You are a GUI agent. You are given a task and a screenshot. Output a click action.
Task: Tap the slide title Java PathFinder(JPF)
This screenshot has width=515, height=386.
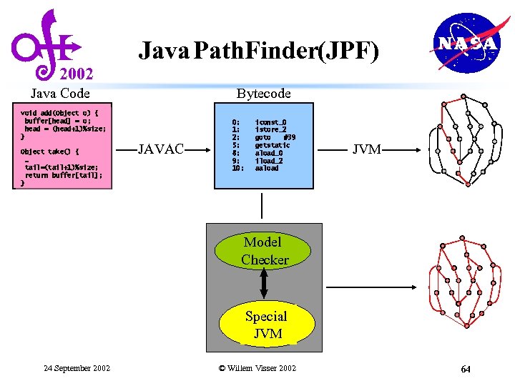[x=258, y=51]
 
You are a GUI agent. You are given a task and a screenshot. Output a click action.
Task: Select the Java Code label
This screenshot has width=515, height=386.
[x=60, y=93]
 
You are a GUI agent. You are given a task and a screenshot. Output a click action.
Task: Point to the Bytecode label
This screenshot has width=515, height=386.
[x=264, y=93]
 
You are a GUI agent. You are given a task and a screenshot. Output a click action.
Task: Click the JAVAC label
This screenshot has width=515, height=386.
[x=161, y=149]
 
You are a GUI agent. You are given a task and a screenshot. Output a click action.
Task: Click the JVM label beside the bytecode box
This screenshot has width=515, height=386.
[x=367, y=149]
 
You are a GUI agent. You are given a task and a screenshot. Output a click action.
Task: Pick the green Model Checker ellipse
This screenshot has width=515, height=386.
[x=265, y=251]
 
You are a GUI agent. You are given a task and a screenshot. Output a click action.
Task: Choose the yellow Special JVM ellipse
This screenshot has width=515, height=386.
[x=265, y=325]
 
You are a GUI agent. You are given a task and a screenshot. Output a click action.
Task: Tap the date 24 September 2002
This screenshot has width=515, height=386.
[x=77, y=368]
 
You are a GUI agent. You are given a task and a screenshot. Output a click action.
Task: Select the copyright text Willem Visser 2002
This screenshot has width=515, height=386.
[x=257, y=368]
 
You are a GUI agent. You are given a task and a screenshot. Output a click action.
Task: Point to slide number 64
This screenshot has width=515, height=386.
[x=466, y=369]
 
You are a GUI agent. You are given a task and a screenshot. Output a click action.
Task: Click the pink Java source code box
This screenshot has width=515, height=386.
[x=63, y=147]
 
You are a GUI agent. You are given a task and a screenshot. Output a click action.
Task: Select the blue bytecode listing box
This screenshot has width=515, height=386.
[x=264, y=146]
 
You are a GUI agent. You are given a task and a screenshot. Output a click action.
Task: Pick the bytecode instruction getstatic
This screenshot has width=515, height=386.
[x=273, y=145]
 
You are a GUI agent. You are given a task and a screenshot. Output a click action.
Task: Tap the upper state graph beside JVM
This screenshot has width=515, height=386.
[x=463, y=139]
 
